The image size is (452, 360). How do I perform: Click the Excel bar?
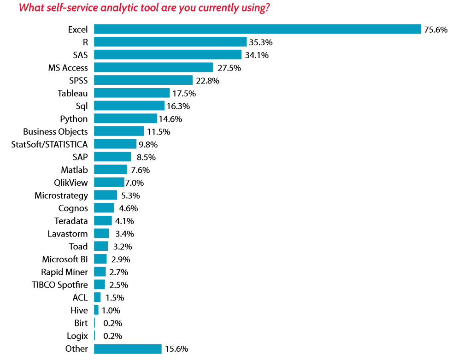[257, 29]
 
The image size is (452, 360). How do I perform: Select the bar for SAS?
[168, 55]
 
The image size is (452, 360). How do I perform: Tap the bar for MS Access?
[153, 68]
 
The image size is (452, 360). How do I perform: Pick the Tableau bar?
[132, 93]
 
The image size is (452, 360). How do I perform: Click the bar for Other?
[128, 349]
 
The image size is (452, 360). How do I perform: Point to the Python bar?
[125, 119]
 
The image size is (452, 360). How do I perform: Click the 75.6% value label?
[435, 30]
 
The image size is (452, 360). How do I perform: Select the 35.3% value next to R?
[261, 42]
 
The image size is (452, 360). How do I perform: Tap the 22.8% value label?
[207, 81]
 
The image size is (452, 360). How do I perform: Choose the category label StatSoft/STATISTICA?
[49, 144]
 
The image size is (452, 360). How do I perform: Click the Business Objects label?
[55, 132]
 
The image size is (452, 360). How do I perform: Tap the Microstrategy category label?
[61, 195]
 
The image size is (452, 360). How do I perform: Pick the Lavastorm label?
[68, 234]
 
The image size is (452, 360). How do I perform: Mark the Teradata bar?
[103, 221]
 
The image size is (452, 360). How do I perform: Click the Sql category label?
[82, 106]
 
